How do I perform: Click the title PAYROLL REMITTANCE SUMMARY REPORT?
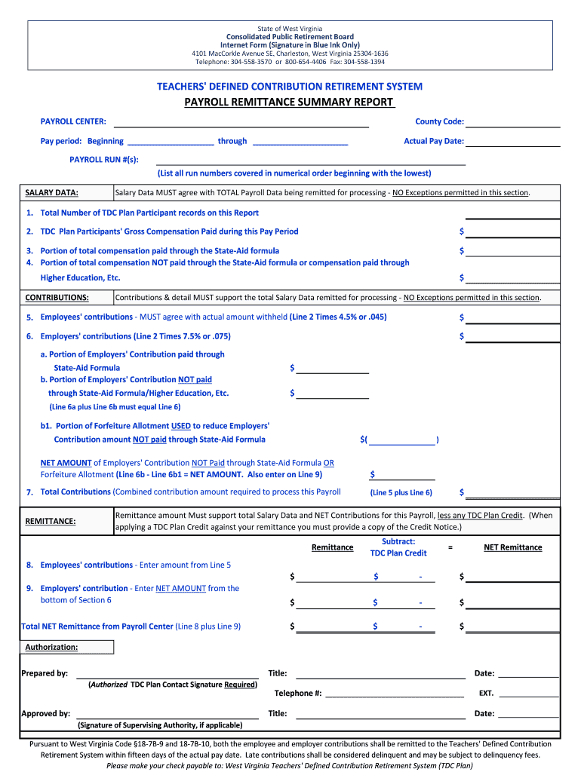click(x=290, y=103)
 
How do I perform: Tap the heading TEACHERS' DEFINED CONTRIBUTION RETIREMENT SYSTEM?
click(x=290, y=87)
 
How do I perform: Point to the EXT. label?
click(x=487, y=694)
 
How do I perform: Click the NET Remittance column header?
click(x=512, y=547)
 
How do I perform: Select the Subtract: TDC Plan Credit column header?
click(x=398, y=547)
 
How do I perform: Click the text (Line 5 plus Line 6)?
click(x=401, y=493)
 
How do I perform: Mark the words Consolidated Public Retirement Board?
click(x=290, y=37)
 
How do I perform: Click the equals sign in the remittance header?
click(x=450, y=547)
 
